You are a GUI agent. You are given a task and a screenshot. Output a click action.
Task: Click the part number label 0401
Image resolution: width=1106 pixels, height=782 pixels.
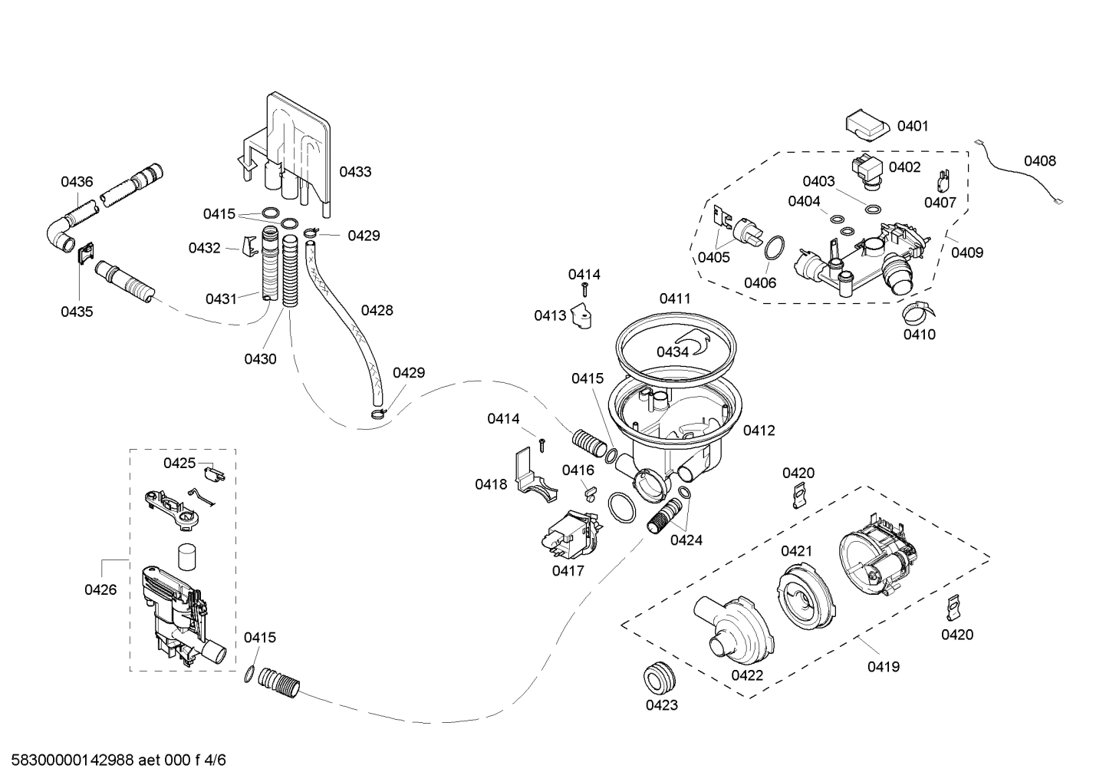click(912, 126)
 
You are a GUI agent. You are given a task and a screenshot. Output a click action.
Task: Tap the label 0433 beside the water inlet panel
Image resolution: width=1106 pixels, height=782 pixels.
click(355, 172)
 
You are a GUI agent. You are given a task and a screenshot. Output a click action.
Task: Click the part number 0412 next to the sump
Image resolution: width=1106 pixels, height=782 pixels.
click(759, 431)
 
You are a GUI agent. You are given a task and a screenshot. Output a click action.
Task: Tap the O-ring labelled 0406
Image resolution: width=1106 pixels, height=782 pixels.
click(775, 247)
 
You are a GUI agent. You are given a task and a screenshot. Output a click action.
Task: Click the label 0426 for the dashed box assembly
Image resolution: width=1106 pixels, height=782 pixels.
click(100, 589)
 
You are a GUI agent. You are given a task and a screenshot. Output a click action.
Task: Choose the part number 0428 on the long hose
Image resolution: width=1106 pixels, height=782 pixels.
click(377, 310)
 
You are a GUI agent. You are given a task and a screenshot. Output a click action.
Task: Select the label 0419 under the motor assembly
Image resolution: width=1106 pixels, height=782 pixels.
click(884, 667)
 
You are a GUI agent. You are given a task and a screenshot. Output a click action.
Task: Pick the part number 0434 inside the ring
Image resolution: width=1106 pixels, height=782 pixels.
click(672, 351)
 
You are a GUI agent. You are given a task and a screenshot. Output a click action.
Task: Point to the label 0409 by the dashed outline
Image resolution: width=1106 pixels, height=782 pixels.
click(967, 252)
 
